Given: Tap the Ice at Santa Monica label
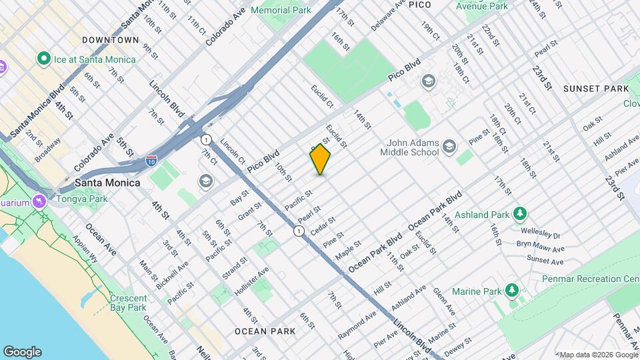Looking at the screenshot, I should [95, 59].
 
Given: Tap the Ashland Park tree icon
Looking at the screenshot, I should [520, 214].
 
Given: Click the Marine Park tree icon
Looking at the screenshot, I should [511, 291].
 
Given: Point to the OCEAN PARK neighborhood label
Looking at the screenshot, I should [260, 331].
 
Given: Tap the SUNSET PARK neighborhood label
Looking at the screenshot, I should [595, 89].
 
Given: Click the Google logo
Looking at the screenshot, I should [22, 351].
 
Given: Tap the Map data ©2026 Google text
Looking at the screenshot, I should [598, 354].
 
